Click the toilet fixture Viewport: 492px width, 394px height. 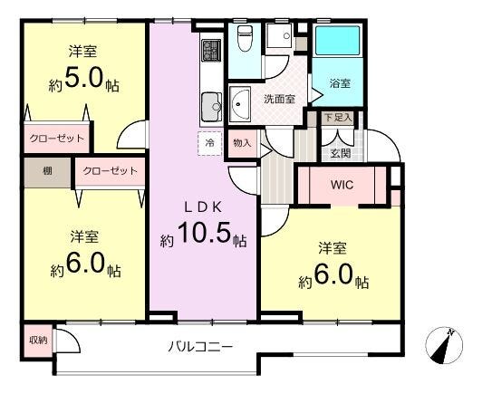[245, 38]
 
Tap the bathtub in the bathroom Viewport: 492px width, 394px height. [337, 41]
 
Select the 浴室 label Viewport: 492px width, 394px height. [340, 83]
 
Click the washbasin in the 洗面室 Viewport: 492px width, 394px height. [240, 103]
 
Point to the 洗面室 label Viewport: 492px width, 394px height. [279, 100]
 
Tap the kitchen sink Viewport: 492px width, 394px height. [211, 107]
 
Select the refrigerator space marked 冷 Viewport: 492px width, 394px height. [210, 143]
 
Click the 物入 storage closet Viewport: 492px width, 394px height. [242, 143]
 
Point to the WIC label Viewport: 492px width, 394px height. [342, 185]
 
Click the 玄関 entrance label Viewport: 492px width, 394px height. [341, 153]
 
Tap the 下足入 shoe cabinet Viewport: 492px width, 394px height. [338, 119]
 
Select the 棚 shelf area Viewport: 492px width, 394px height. [47, 172]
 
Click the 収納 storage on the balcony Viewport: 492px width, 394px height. [38, 341]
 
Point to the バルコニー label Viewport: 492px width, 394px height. [200, 347]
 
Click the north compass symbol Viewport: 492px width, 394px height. [444, 345]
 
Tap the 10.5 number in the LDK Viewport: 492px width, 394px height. [204, 233]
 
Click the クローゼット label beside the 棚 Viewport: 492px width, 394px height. [111, 171]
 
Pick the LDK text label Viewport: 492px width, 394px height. [203, 207]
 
